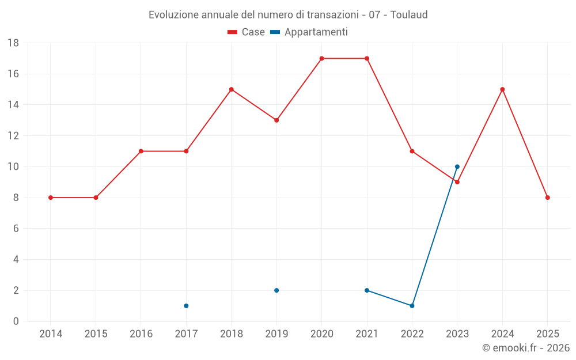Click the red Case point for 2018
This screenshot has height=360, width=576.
pos(232,89)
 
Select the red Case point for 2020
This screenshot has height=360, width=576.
pos(321,58)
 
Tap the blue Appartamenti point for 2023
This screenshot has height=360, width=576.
pos(457,166)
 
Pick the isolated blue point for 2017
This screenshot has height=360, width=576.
pos(186,306)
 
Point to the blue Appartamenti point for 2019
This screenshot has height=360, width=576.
pos(276,290)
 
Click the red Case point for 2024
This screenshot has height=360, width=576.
pos(502,89)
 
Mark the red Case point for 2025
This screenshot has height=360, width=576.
pos(548,198)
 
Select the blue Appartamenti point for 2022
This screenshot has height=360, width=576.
pos(412,306)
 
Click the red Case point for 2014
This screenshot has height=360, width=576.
pos(51,198)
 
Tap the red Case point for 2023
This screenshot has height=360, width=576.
pos(457,182)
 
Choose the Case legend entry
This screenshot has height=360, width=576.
pos(246,32)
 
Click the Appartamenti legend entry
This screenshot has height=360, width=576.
pos(309,32)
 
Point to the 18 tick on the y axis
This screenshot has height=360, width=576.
pos(13,43)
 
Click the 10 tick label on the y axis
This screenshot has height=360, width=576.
pos(13,167)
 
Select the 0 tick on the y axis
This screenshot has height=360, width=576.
pos(16,321)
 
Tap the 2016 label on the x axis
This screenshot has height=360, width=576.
pos(141,334)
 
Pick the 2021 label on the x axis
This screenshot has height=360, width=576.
pos(367,334)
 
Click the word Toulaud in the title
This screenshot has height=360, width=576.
pos(409,15)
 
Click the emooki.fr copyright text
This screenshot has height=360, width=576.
pos(526,348)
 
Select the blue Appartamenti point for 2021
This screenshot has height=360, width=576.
pos(367,290)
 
